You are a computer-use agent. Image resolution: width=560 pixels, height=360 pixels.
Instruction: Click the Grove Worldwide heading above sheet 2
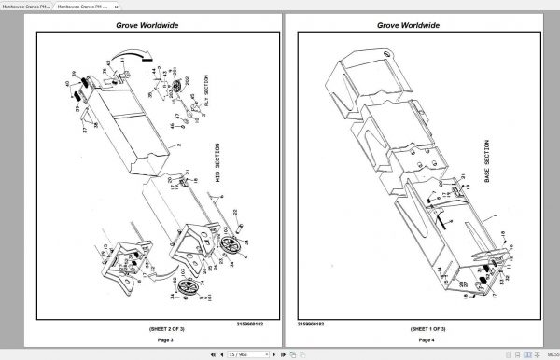(142, 28)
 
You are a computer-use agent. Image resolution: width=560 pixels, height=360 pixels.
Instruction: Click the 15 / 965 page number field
(244, 355)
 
